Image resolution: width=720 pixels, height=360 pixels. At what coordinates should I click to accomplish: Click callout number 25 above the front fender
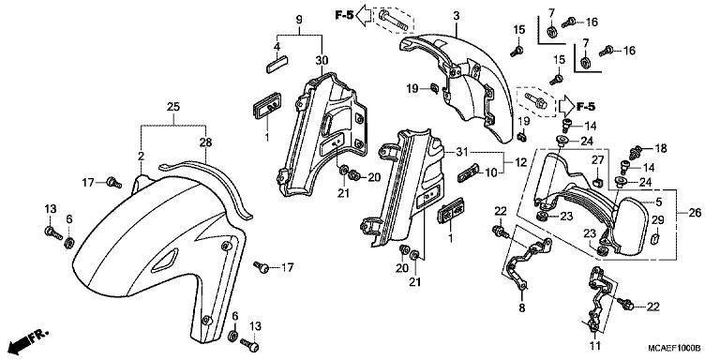[x=173, y=107]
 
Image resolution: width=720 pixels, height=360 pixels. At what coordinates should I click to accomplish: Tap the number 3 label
[x=456, y=16]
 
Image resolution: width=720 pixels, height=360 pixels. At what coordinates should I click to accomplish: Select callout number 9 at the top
[x=299, y=20]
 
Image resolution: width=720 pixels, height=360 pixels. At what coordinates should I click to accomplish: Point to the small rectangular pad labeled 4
[x=277, y=64]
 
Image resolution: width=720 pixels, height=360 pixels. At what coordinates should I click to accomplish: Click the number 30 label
[x=322, y=60]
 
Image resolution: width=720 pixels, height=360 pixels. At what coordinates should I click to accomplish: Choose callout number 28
[x=205, y=142]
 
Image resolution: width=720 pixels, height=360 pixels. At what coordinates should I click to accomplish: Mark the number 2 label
[x=141, y=156]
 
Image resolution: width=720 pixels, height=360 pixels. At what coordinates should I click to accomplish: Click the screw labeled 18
[x=636, y=152]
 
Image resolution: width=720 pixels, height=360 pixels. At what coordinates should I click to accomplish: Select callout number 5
[x=659, y=201]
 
